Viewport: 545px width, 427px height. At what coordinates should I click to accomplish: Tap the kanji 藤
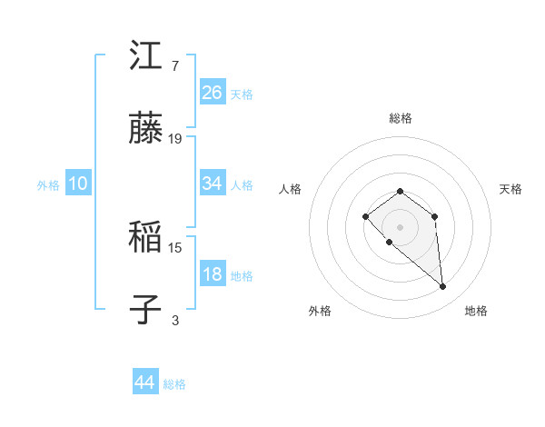pyautogui.click(x=146, y=129)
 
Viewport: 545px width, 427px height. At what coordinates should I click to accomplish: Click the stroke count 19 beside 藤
pyautogui.click(x=175, y=139)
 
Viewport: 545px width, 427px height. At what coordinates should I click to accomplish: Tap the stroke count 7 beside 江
pyautogui.click(x=175, y=66)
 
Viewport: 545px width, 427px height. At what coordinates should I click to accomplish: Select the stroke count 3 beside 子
pyautogui.click(x=175, y=321)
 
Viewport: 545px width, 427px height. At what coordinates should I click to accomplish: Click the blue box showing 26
pyautogui.click(x=213, y=93)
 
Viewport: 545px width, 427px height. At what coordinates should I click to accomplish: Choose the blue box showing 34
pyautogui.click(x=213, y=184)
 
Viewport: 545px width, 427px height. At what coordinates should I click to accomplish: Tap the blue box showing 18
pyautogui.click(x=213, y=274)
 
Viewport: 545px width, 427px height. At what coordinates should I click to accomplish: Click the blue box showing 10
pyautogui.click(x=78, y=184)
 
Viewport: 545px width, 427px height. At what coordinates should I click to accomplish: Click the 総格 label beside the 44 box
pyautogui.click(x=174, y=384)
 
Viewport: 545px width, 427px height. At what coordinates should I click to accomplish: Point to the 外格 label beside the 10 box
pyautogui.click(x=48, y=184)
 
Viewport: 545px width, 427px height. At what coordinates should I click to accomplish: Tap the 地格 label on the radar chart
pyautogui.click(x=476, y=311)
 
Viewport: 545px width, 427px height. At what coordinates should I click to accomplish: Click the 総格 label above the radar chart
pyautogui.click(x=401, y=118)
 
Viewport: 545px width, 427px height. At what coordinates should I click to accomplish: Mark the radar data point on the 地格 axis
pyautogui.click(x=443, y=287)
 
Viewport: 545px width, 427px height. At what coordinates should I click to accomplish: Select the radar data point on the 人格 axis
pyautogui.click(x=365, y=216)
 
